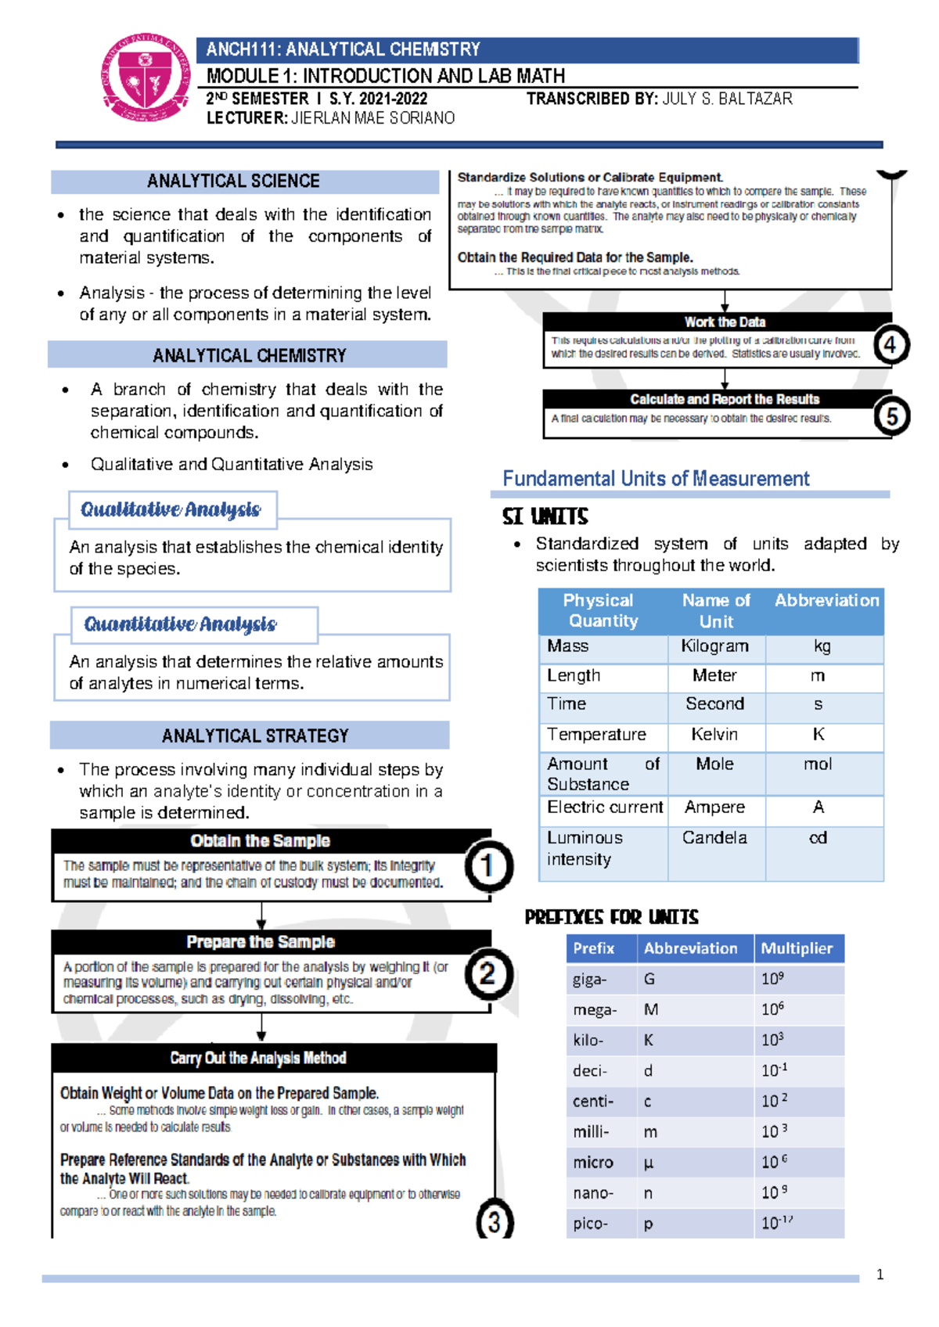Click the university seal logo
click(x=146, y=77)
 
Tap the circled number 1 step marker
click(x=488, y=866)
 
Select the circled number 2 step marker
click(x=488, y=974)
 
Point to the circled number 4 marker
click(x=890, y=345)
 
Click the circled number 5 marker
click(x=891, y=415)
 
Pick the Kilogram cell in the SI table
click(x=714, y=646)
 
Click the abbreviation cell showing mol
click(x=818, y=764)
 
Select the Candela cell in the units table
click(x=714, y=838)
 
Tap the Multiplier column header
click(x=797, y=948)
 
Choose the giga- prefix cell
click(x=590, y=980)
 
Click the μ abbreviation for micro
click(x=648, y=1163)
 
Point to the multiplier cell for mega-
click(x=773, y=1009)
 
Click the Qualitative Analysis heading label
click(x=171, y=509)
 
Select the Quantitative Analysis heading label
click(x=181, y=624)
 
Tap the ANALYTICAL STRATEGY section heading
click(x=255, y=735)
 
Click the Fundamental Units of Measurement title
click(x=656, y=479)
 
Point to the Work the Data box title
click(x=725, y=322)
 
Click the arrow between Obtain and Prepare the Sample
click(x=261, y=915)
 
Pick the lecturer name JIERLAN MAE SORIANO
click(x=372, y=118)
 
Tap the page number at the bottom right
click(x=880, y=1275)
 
